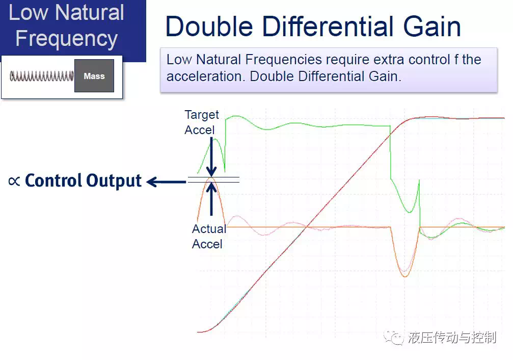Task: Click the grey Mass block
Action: (x=94, y=75)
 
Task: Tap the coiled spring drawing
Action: (x=42, y=76)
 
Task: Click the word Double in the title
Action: (x=209, y=27)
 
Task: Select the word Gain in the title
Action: (x=432, y=27)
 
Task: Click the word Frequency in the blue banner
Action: (x=66, y=39)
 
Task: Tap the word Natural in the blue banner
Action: (x=90, y=12)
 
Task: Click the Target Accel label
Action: (x=202, y=122)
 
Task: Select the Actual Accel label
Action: (x=209, y=236)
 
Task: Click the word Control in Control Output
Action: (x=53, y=181)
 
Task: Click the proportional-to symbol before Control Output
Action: (x=14, y=181)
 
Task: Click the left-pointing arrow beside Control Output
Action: (x=166, y=182)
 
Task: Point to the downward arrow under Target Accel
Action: (x=211, y=157)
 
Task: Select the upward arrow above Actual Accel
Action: (x=211, y=199)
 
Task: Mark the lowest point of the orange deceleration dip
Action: (x=405, y=277)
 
